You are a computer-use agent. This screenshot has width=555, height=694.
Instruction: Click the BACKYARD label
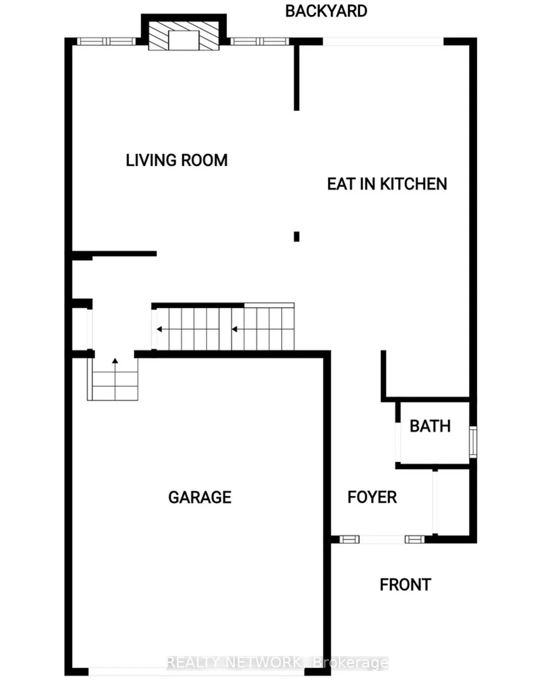pos(326,11)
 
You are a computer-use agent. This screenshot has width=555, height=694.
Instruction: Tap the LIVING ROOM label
pos(177,160)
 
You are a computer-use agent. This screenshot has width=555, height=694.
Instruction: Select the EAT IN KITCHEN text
pos(387,184)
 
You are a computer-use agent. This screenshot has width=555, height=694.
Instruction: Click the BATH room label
pos(430,426)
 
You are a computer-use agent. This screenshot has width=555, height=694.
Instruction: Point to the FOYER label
pos(372,497)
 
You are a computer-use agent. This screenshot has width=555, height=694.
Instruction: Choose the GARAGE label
pos(200,497)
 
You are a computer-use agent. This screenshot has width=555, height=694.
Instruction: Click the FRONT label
pos(405,585)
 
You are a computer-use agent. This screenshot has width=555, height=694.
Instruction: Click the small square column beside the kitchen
pos(296,237)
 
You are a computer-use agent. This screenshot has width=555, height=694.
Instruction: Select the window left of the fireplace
pos(107,42)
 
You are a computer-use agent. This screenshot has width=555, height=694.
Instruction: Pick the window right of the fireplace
pos(260,42)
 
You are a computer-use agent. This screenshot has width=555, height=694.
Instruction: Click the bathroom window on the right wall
pos(473,443)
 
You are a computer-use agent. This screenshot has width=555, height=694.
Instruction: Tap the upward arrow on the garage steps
pos(115,361)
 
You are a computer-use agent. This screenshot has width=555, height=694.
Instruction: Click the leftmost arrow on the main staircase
pos(160,330)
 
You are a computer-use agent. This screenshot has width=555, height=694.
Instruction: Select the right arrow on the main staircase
pos(234,330)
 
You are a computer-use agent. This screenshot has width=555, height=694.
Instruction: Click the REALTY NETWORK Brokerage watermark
pos(277,663)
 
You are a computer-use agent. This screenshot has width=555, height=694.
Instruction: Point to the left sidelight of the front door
pos(350,539)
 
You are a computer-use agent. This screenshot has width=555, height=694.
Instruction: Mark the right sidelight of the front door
pos(414,539)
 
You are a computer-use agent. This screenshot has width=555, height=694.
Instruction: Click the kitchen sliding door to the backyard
pos(383,42)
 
